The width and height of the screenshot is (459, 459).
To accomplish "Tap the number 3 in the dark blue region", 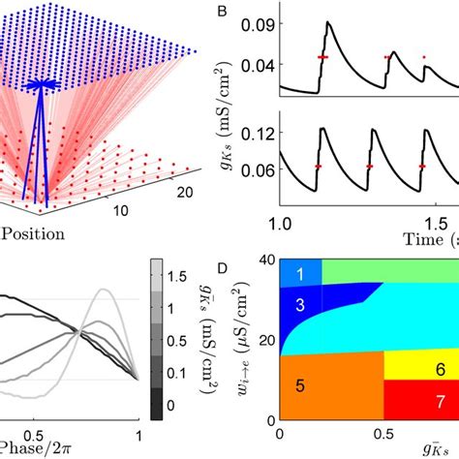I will coord(301,306).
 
